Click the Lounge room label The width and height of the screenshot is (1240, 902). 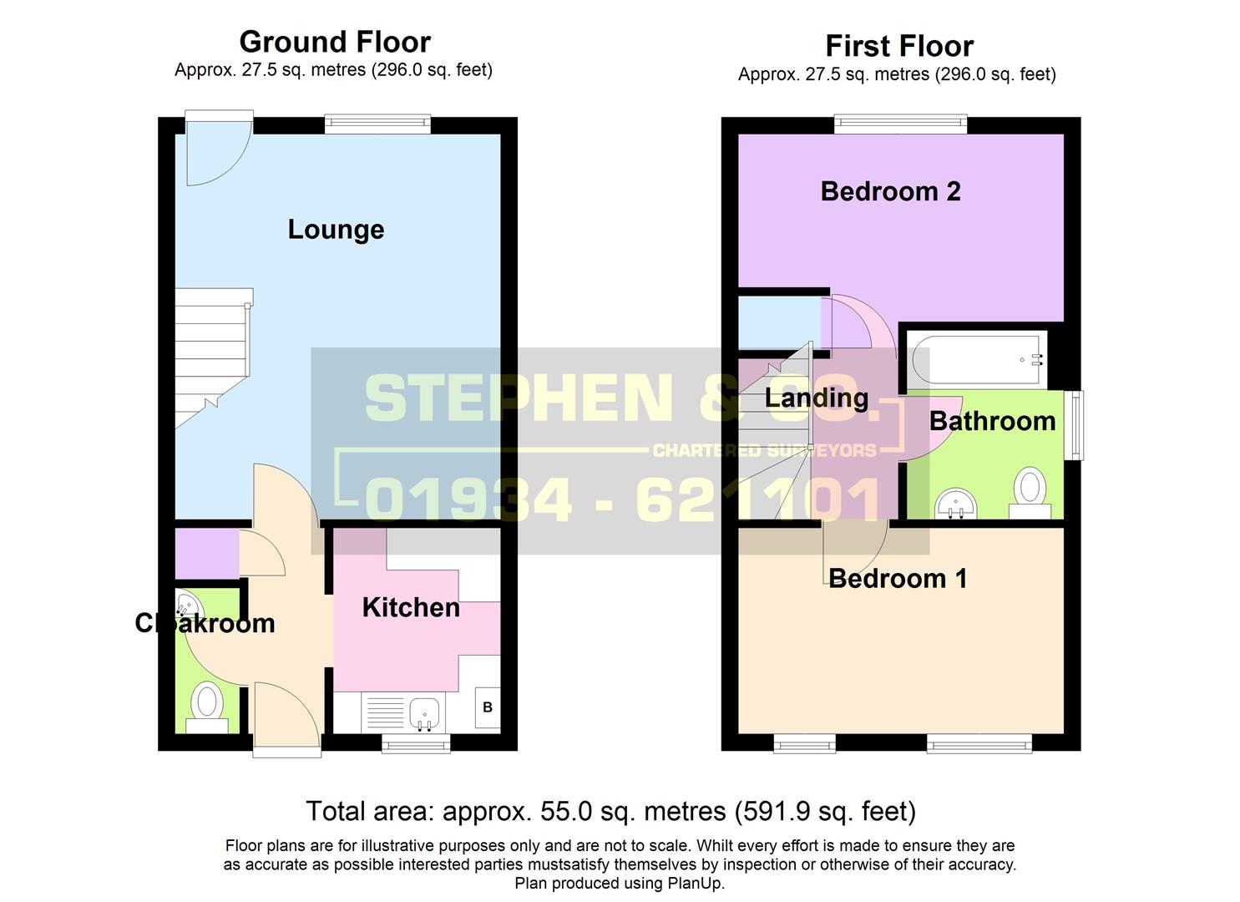click(x=336, y=230)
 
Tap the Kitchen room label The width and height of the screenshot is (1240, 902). click(x=411, y=607)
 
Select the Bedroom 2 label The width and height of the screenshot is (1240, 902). click(x=890, y=191)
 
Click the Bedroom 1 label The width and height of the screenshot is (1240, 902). click(x=898, y=578)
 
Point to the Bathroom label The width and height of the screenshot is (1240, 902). click(x=992, y=421)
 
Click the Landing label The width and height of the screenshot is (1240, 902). click(x=817, y=398)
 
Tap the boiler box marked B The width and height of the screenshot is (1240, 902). click(x=488, y=707)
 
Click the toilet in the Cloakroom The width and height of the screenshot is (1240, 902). click(x=206, y=702)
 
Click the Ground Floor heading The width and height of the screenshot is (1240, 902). click(x=335, y=42)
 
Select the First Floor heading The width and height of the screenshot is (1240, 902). click(x=898, y=46)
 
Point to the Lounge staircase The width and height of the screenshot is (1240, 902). click(x=213, y=355)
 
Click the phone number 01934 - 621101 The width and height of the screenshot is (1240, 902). click(x=622, y=499)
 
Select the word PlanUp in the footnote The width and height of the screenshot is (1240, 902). click(x=696, y=884)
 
